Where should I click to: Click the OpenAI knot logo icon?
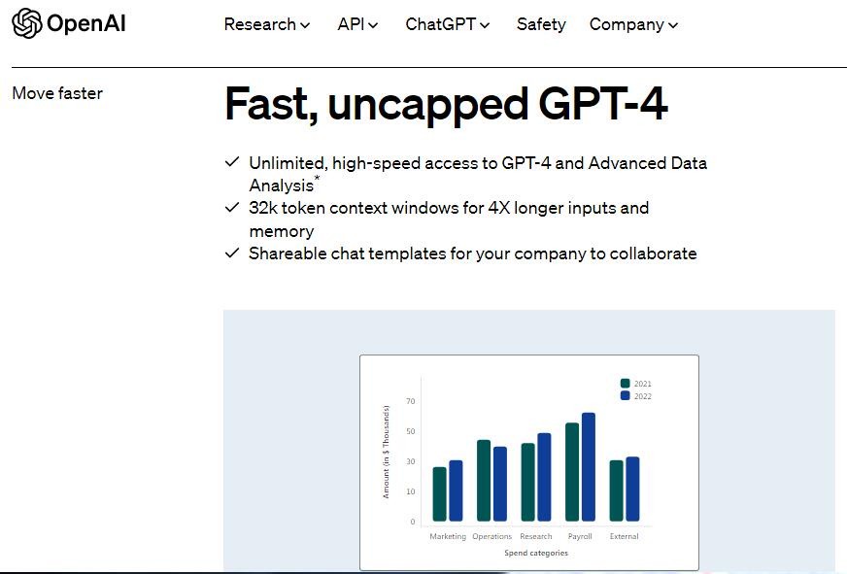coord(26,23)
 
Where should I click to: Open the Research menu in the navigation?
coord(267,24)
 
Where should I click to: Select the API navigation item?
coord(357,24)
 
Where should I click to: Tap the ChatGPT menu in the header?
coord(447,24)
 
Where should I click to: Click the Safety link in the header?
coord(541,24)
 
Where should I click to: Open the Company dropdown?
coord(633,24)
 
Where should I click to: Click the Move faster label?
coord(57,93)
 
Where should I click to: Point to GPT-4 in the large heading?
coord(603,103)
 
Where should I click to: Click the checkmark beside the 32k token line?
coord(232,207)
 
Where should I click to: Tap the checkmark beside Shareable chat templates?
coord(232,253)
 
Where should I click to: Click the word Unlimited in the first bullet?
coord(288,163)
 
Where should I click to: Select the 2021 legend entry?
coord(636,384)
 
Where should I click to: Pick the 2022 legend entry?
coord(636,396)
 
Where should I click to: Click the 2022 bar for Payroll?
coord(589,467)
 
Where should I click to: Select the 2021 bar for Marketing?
coord(440,494)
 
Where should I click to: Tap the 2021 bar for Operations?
coord(484,481)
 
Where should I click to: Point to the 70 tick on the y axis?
coord(411,401)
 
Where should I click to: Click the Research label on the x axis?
coord(536,536)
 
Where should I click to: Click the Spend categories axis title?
coord(536,553)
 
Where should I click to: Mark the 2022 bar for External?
coord(632,490)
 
